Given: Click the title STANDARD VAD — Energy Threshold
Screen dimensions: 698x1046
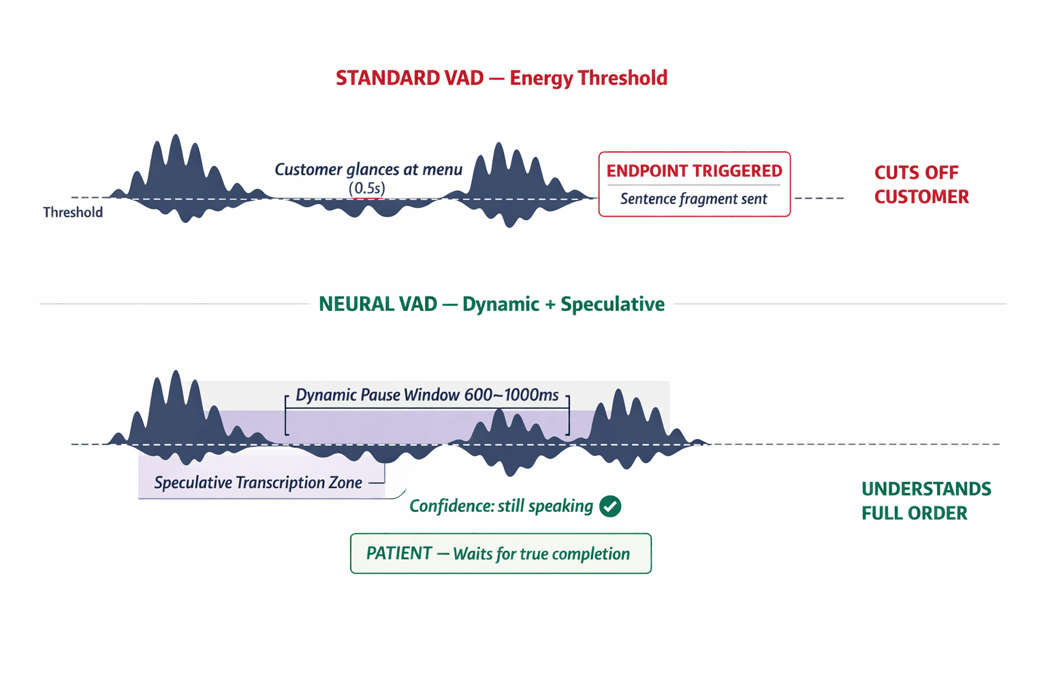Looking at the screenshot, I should (x=501, y=78).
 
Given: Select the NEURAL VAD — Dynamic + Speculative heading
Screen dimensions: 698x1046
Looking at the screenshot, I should (x=491, y=304).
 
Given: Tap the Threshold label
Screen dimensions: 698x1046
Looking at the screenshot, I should (x=73, y=213).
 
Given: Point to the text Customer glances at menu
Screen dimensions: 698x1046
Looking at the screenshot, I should (x=368, y=170).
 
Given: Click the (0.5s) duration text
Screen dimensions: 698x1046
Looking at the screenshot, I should (x=367, y=188).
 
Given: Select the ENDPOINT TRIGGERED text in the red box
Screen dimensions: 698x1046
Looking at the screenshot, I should (x=694, y=171).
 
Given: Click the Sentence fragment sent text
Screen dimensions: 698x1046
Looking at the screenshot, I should (x=693, y=199).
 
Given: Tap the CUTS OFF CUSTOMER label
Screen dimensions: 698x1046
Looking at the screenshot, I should (x=921, y=185).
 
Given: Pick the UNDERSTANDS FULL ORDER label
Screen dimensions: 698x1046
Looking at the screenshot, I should (x=926, y=501).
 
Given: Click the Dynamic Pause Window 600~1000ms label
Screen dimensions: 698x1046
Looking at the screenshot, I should (x=427, y=395).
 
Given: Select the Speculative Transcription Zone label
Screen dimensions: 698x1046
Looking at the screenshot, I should (x=258, y=483).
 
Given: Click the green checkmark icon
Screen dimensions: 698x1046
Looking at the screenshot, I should (x=610, y=506).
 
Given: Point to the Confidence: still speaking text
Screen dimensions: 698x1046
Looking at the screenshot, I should (x=501, y=506).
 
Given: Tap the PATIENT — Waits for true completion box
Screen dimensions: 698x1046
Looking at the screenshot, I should (x=501, y=553).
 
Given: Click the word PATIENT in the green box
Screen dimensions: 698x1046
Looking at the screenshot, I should (x=399, y=553).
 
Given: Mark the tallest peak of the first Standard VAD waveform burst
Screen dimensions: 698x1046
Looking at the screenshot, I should (x=176, y=140).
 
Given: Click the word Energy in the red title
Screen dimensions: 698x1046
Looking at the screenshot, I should (x=541, y=78).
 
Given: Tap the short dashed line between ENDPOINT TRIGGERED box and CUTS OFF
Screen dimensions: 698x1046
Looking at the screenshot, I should (x=819, y=198).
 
